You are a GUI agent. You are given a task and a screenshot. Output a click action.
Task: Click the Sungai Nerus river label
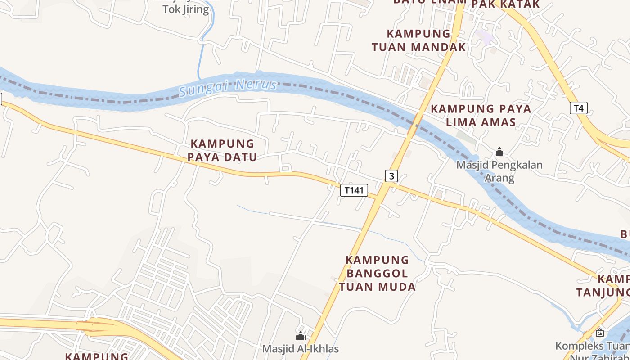point(228,86)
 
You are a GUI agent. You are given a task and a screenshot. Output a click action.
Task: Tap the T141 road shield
point(354,190)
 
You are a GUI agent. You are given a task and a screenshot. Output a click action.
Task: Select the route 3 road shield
point(391,176)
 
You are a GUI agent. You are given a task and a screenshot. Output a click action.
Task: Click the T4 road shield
point(579,108)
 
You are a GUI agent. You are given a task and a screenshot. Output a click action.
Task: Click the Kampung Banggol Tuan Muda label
point(377,273)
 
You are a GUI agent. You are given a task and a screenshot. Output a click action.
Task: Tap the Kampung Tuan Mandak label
point(418,40)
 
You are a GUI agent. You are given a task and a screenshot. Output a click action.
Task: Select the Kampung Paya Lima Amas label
point(481,115)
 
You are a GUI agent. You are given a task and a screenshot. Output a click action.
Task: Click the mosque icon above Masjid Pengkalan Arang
point(499,152)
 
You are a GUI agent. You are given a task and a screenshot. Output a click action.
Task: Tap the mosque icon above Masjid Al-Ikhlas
point(300,336)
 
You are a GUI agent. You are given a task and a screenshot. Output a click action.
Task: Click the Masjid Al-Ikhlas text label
point(301,349)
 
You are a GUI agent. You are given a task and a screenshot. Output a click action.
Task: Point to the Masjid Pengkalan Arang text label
point(499,171)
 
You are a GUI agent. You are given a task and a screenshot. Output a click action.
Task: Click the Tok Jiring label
point(185,9)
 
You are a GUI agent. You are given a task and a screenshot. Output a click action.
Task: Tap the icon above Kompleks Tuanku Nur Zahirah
point(599,333)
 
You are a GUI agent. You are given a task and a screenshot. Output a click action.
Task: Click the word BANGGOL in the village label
point(377,273)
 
